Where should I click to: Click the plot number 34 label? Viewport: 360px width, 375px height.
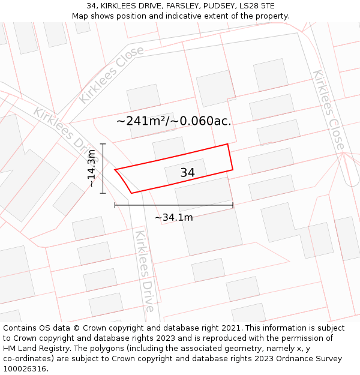point(187,173)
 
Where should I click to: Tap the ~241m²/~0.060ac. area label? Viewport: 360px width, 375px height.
point(173,121)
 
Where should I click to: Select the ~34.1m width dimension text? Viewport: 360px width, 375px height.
point(173,217)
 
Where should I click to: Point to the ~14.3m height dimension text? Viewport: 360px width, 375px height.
point(91,169)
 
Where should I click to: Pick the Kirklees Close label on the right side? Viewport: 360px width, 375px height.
point(328,110)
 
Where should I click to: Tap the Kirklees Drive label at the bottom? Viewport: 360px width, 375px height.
point(144,271)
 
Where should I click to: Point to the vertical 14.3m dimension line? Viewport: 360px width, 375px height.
point(103,169)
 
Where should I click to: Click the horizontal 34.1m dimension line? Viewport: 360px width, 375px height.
point(173,206)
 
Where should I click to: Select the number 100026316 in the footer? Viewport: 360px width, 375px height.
point(25,369)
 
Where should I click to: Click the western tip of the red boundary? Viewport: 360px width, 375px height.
point(115,170)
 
